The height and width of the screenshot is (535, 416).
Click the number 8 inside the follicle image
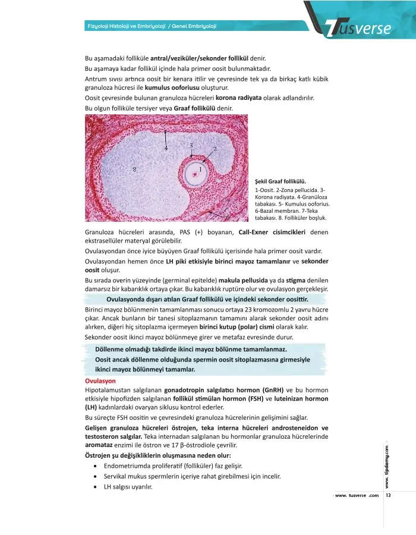coord(135,169)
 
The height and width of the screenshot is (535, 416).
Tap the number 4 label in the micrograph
coord(166,147)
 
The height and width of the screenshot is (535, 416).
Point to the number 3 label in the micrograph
coord(191,145)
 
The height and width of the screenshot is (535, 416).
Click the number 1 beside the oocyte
coord(200,169)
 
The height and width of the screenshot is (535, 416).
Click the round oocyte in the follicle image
coord(193,175)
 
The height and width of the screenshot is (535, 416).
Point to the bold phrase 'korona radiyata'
coord(238,97)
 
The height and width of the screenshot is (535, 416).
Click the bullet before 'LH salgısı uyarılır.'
coord(95,487)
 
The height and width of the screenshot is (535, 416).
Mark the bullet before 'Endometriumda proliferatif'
coord(95,465)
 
